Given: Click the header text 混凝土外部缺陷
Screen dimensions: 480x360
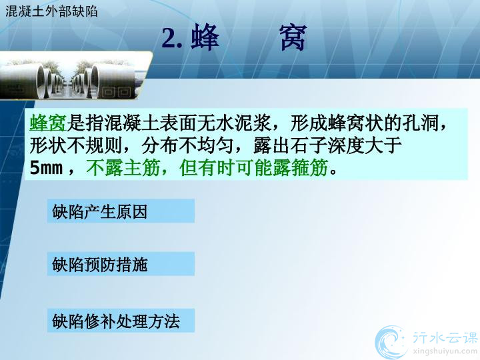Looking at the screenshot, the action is click(51, 11).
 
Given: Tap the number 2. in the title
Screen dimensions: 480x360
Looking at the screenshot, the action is click(172, 38).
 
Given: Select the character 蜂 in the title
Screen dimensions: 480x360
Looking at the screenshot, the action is click(205, 37).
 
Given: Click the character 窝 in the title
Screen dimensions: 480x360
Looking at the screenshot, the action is click(293, 37).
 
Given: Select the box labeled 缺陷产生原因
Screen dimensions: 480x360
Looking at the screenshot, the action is click(121, 211).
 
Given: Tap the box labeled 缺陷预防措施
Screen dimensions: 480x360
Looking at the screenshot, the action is click(121, 264).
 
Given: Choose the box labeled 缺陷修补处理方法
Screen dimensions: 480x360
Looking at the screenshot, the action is click(121, 321).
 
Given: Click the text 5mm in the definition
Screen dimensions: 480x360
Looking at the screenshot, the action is click(46, 168).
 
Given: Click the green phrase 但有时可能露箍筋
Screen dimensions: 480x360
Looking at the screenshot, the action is click(254, 167).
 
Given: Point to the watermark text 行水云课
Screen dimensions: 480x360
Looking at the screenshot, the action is click(445, 337).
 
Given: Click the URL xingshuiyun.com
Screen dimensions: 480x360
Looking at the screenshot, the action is click(445, 351).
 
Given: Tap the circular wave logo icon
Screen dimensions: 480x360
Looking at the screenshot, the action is click(391, 342).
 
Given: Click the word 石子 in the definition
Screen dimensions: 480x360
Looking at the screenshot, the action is click(309, 145).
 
